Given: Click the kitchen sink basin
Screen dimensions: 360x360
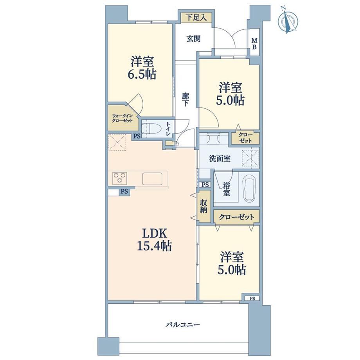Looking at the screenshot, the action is pos(152,178).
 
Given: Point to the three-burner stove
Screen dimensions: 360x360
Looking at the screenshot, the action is pos(119,178).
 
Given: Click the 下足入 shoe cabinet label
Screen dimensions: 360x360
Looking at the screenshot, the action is pos(196,18).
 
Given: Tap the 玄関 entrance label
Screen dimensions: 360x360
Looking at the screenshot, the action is pos(193,39).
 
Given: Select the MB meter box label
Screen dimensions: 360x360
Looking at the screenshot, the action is pos(254,44).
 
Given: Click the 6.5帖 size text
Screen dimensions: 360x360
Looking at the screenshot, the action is pos(142,74).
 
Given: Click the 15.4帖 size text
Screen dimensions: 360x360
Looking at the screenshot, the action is pos(154,246).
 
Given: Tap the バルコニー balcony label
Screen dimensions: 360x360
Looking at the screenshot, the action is pos(183,325).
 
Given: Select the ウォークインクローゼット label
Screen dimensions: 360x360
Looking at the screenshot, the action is pos(122,118).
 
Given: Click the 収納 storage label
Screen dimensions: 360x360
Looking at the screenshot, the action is pos(203,206).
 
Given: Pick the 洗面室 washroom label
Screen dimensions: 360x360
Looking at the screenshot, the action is pos(220,158).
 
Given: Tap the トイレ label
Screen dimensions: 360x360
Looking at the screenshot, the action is pos(168,129).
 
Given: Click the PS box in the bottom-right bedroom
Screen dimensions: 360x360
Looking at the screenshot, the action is pos(252,299).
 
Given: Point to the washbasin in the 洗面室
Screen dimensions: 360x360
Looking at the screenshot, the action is pos(213,139).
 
